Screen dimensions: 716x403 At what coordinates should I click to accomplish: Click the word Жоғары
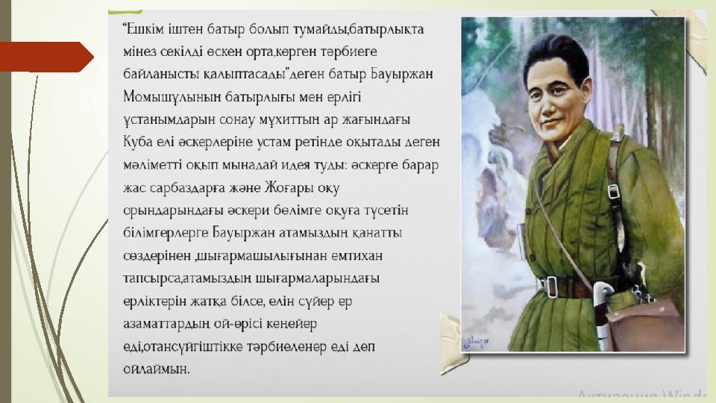[289, 188]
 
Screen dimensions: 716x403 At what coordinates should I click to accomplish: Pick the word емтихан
[357, 256]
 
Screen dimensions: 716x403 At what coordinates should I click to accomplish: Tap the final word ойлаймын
[156, 369]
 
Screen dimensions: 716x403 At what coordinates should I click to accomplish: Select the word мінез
[139, 51]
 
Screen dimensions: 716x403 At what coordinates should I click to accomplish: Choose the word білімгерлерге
[166, 233]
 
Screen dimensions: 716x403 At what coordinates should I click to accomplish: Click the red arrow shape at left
[45, 57]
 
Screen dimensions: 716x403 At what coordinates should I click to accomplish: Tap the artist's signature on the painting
[476, 342]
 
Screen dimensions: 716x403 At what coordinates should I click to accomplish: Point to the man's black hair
[556, 58]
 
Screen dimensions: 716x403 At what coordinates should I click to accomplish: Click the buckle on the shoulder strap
[613, 191]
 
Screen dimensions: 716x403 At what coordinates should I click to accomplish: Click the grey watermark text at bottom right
[641, 394]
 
